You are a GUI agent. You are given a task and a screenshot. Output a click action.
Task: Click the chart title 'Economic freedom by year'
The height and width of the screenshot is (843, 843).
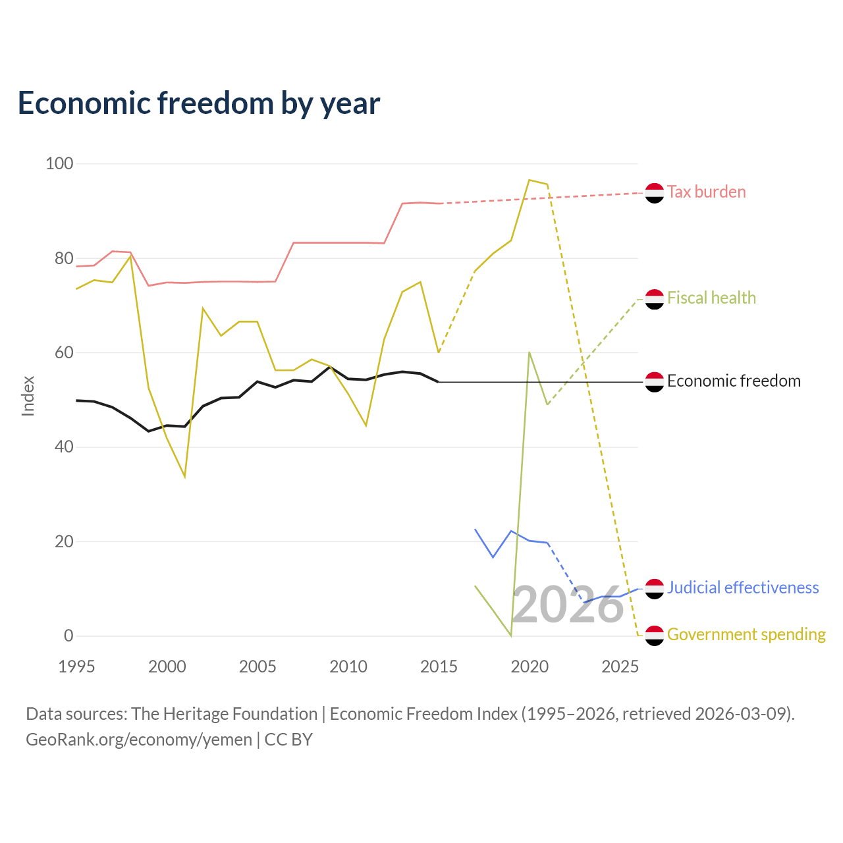(199, 103)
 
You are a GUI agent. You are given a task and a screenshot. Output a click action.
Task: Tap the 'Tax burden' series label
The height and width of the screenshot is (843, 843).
(706, 192)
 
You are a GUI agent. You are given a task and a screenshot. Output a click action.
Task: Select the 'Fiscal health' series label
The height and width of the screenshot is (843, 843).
(711, 298)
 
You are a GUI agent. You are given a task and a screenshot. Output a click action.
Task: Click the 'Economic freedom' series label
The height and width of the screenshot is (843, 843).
(734, 381)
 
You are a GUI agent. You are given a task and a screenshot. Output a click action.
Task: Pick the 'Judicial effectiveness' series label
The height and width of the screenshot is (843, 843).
(743, 587)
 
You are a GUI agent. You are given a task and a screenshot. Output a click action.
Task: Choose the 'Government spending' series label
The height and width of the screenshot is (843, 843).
(746, 634)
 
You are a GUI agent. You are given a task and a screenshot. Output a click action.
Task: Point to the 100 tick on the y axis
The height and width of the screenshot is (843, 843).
(59, 163)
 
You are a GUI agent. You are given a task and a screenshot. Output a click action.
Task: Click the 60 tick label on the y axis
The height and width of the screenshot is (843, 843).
(64, 352)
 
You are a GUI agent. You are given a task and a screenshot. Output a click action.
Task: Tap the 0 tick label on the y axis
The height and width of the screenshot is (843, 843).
(68, 636)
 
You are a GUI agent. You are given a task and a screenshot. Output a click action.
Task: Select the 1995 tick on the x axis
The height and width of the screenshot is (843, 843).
(76, 666)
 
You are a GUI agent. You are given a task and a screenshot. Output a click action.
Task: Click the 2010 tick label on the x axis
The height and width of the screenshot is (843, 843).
(348, 666)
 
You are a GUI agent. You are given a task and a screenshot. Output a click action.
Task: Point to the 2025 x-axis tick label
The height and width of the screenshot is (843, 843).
(620, 666)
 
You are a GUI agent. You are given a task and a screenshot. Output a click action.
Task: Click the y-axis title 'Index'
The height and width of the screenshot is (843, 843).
(28, 396)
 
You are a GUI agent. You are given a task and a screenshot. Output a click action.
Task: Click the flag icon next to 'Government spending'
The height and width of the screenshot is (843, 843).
(655, 636)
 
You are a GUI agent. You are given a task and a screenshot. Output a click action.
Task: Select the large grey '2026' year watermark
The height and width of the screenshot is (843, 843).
(568, 605)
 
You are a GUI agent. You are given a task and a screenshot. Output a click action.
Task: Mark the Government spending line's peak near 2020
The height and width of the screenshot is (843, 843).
(530, 180)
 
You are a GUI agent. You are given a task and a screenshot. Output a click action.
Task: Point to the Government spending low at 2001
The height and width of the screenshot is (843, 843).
(185, 477)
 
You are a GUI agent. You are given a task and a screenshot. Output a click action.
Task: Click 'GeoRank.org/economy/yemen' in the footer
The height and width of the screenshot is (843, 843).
(139, 740)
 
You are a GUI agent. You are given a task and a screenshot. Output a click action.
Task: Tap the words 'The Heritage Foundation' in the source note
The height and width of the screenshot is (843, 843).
(225, 714)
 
